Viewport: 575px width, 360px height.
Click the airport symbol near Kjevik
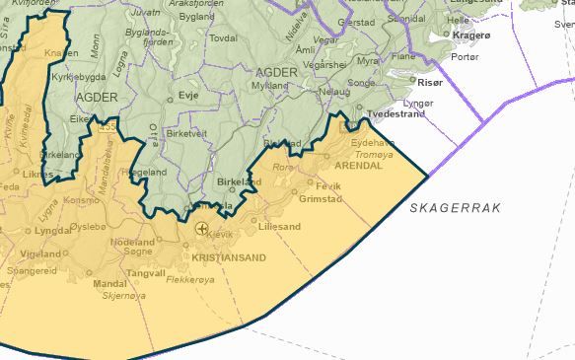(x=202, y=229)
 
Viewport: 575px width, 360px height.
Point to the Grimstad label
(x=319, y=198)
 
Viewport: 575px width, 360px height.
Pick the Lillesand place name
(x=279, y=226)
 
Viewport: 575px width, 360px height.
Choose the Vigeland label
(x=40, y=254)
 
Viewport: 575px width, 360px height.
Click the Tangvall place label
(x=146, y=273)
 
